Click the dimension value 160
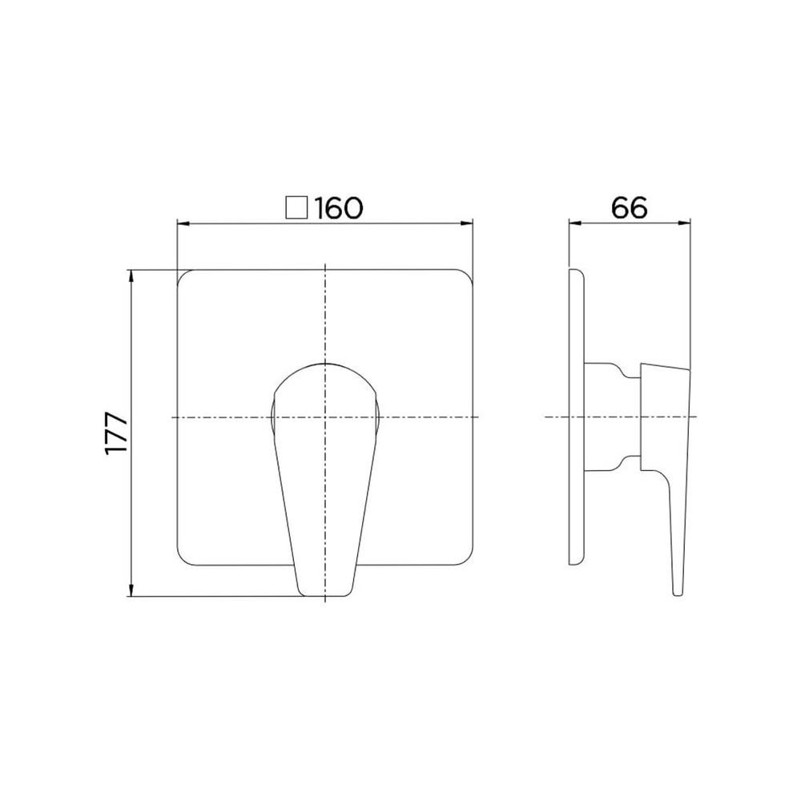point(338,208)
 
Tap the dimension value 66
point(630,208)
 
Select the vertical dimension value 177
point(116,433)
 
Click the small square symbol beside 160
point(297,208)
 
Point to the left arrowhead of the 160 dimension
point(183,223)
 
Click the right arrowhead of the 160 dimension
point(466,223)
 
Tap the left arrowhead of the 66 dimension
point(575,223)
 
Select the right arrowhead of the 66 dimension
point(685,223)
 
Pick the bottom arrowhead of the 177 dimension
point(132,590)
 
